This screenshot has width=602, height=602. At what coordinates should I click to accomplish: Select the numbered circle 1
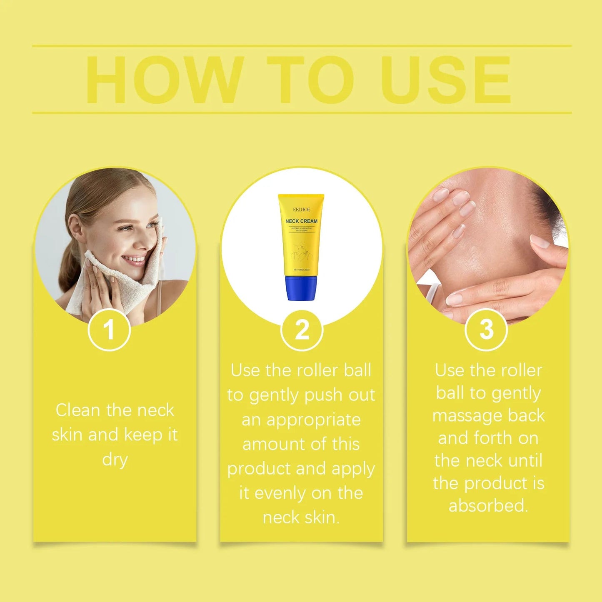pos(109,330)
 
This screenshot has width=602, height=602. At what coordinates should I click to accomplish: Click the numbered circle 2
pos(302,330)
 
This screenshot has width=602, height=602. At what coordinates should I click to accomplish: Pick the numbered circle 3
pos(486,330)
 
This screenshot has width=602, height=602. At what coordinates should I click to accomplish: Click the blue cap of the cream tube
pos(301,288)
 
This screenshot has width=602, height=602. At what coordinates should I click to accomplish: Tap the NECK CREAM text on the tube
pos(301,221)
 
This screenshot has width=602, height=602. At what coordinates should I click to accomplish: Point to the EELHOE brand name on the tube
pos(301,210)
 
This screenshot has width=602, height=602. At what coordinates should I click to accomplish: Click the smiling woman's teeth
pos(134,260)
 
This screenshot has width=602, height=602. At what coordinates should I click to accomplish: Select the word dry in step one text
pos(115,460)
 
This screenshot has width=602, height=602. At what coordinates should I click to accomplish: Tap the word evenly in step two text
pos(281,493)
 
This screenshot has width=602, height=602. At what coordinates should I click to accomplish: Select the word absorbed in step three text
pos(488,506)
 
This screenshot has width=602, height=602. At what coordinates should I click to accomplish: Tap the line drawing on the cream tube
pos(303,252)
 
